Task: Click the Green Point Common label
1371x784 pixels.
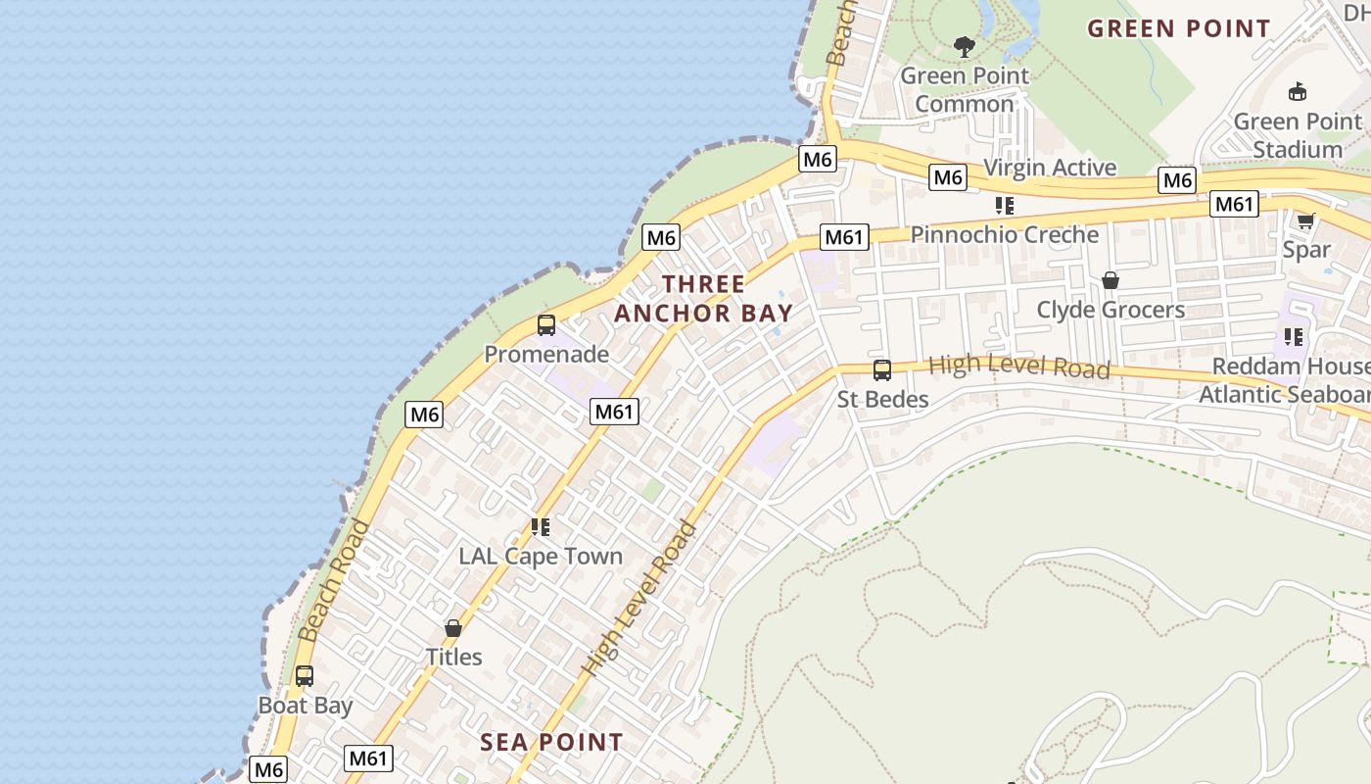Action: (965, 89)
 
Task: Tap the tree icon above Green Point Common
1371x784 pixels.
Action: (965, 46)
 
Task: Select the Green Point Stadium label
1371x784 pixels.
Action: (1298, 135)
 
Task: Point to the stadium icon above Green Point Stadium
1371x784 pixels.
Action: (1298, 92)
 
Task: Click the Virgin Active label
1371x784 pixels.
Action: (1050, 168)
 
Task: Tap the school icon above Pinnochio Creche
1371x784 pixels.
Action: (1004, 206)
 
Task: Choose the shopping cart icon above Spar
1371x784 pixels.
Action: (1305, 220)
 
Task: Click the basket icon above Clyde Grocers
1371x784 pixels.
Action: (1110, 281)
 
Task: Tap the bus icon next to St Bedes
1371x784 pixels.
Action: (882, 370)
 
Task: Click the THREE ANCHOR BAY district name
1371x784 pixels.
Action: (703, 299)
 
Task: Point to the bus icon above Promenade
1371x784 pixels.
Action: (546, 325)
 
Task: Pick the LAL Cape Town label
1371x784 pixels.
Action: (541, 556)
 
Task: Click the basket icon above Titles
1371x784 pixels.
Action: (453, 628)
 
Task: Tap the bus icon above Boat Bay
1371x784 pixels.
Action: (305, 676)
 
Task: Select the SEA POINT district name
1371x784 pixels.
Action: (551, 742)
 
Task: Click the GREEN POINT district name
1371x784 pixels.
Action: (1179, 28)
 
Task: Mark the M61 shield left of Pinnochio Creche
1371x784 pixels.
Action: (843, 237)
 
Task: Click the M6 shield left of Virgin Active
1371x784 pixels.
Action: (947, 177)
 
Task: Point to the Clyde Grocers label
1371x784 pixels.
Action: (1111, 310)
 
